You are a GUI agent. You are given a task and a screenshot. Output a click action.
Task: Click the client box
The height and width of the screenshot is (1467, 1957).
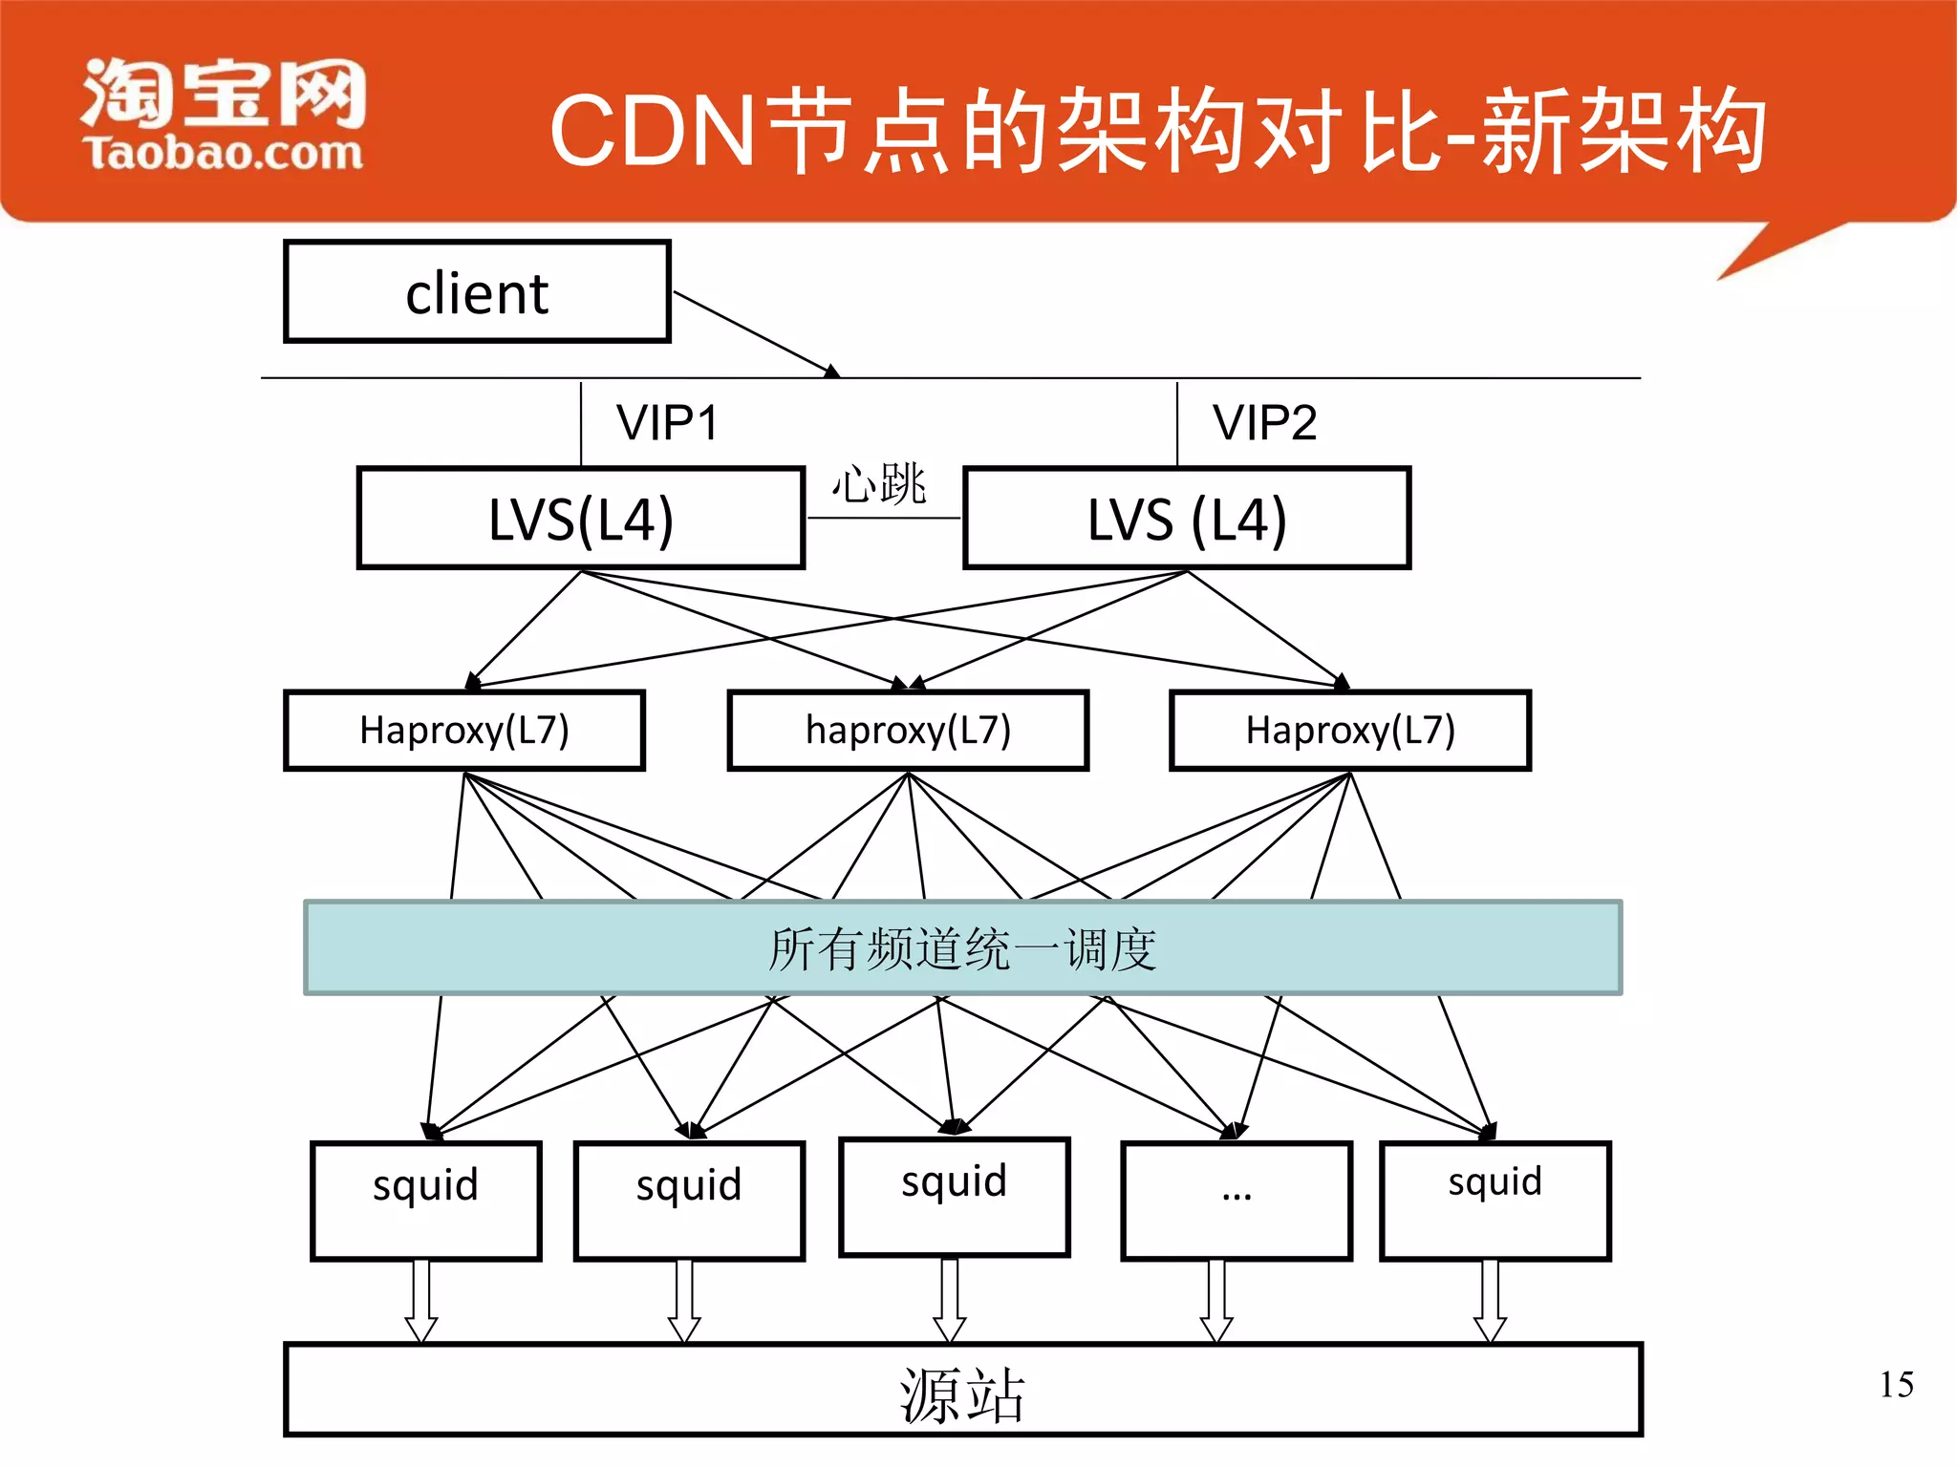click(x=477, y=291)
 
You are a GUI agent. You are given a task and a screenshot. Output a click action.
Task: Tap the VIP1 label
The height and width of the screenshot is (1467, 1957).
click(x=666, y=423)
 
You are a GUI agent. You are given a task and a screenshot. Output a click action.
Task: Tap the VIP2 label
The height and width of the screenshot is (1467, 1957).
click(x=1264, y=423)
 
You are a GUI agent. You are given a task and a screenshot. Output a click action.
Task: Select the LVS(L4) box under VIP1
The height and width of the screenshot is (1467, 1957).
click(x=581, y=519)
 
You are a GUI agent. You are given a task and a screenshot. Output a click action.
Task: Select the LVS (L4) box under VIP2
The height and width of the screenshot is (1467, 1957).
click(x=1187, y=519)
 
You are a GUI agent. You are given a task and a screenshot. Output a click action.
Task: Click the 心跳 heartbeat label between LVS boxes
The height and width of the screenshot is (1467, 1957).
click(x=878, y=483)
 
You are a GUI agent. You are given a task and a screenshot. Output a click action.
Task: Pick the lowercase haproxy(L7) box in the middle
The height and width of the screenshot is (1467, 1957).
click(x=908, y=731)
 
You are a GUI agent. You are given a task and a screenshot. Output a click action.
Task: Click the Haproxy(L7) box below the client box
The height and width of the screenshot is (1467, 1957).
click(x=464, y=731)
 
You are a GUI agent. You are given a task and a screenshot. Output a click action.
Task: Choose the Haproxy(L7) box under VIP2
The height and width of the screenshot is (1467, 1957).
click(x=1350, y=731)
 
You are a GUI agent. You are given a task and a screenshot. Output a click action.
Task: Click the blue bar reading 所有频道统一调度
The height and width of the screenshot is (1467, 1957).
click(x=962, y=948)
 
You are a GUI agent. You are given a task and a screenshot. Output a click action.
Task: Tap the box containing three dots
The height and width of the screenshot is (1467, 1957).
click(x=1237, y=1201)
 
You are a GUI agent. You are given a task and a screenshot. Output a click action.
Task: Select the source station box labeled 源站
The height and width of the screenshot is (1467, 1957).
click(x=962, y=1391)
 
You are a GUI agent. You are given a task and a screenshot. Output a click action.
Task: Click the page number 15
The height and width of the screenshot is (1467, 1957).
click(x=1896, y=1385)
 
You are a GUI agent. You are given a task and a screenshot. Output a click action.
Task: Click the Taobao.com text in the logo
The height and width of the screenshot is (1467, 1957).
click(x=223, y=154)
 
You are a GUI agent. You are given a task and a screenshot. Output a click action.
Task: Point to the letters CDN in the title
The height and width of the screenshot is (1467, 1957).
click(x=654, y=132)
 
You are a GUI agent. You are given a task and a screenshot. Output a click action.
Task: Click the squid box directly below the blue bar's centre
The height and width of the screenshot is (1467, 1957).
click(x=954, y=1197)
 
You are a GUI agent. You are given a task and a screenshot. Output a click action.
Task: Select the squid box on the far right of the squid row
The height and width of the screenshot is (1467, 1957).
click(x=1495, y=1201)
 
